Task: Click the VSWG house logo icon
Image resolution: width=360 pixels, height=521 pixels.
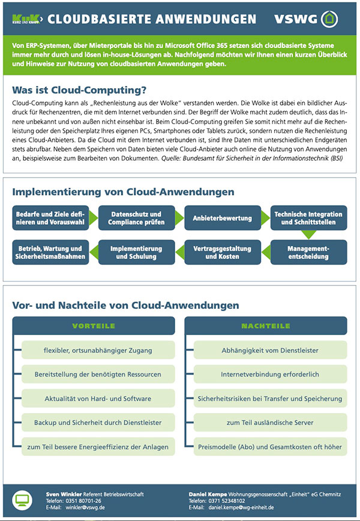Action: tap(328, 19)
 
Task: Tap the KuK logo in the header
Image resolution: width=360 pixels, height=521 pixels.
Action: tap(25, 19)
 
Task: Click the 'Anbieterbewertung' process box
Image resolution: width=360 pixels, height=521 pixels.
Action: tap(222, 218)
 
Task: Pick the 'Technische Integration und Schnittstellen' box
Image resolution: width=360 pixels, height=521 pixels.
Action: tap(308, 218)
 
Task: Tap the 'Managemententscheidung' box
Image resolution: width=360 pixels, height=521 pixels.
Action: tap(308, 252)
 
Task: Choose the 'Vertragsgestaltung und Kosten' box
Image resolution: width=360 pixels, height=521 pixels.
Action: tap(222, 252)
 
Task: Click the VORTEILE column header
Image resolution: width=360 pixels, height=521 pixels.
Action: tap(94, 326)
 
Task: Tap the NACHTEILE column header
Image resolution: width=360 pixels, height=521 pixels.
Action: tap(265, 326)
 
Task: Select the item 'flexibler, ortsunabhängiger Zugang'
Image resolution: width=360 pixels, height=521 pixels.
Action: tap(98, 350)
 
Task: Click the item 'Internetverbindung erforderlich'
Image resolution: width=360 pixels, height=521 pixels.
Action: tap(269, 374)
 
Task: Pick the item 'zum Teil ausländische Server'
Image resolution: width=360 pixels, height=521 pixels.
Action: tap(269, 423)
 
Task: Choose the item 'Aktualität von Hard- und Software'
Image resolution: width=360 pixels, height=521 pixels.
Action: tap(98, 399)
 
